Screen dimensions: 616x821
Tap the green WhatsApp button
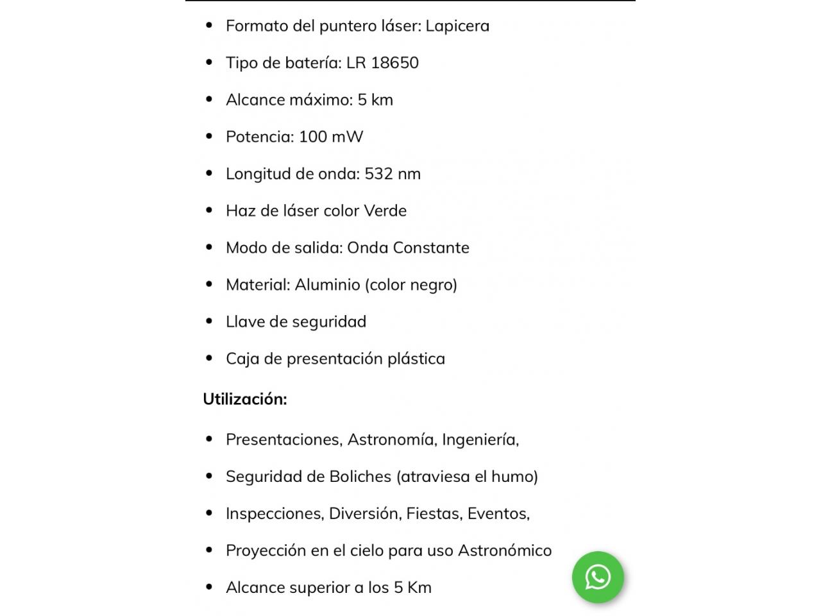(x=598, y=577)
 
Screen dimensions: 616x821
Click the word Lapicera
(x=457, y=26)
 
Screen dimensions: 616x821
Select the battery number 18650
(x=394, y=63)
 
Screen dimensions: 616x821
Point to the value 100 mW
(x=331, y=137)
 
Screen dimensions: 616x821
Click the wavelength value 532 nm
(x=393, y=174)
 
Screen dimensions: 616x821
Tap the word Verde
(x=385, y=211)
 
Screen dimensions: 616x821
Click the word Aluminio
(x=327, y=285)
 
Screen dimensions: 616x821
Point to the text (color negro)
(x=411, y=285)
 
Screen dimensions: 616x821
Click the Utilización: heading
(x=245, y=399)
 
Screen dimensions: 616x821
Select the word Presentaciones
(x=284, y=440)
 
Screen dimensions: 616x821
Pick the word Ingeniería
(x=480, y=440)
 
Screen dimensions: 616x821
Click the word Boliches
(x=360, y=477)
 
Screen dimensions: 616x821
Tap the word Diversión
(x=364, y=514)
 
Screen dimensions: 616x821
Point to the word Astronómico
(x=505, y=551)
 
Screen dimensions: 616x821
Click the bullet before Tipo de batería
(x=209, y=62)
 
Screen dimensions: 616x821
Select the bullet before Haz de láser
(x=209, y=210)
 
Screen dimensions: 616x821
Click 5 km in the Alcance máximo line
(x=375, y=100)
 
